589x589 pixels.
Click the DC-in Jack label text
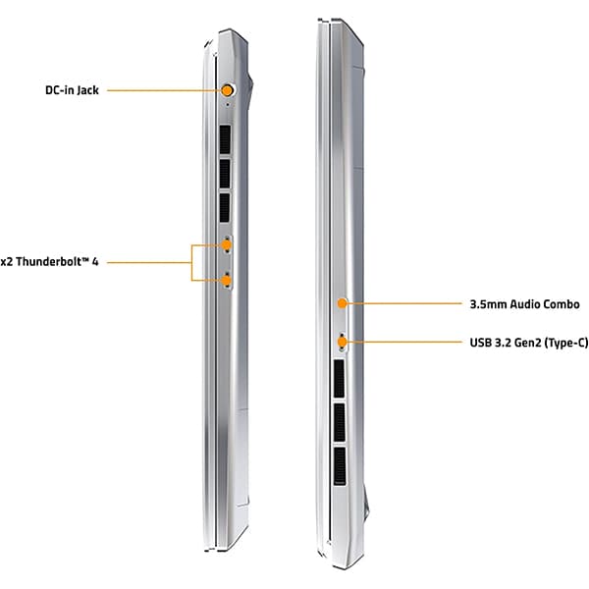[72, 90]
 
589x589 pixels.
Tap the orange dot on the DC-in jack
[227, 90]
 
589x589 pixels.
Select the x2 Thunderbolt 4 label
[49, 261]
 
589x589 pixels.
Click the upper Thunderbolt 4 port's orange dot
[226, 245]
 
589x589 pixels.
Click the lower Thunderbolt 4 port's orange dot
[226, 280]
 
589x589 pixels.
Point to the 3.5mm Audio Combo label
[525, 304]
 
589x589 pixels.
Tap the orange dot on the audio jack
[342, 303]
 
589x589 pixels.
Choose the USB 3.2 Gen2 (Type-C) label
[529, 343]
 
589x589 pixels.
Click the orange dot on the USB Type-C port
[342, 343]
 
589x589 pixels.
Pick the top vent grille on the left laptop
[225, 139]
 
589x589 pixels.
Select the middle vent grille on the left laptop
[225, 174]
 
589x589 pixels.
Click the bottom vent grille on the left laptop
[225, 208]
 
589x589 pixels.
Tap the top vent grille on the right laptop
[339, 379]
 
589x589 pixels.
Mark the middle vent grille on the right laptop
[340, 422]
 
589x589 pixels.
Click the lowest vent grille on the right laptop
[340, 466]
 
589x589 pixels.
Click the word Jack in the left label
[88, 90]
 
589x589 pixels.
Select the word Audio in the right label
[523, 304]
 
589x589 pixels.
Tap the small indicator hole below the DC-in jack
[228, 105]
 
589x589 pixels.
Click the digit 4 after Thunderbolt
[95, 261]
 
